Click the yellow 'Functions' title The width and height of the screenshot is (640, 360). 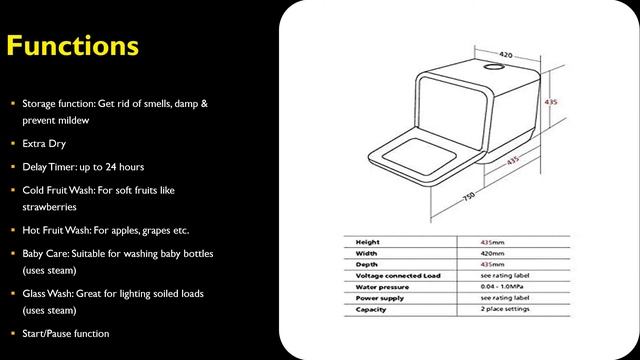tap(71, 46)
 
